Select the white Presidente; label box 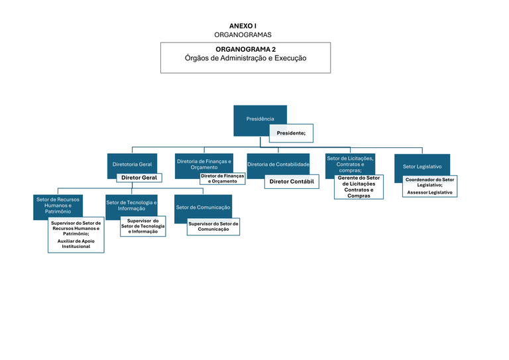point(291,133)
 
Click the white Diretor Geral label point(139,178)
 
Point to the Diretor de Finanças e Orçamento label point(222,178)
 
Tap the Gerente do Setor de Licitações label point(359,186)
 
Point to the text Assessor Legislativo point(429,192)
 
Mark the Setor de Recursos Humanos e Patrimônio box point(58,206)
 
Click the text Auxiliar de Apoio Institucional point(76,243)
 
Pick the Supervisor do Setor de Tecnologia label point(142,226)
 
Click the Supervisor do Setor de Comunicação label point(213,226)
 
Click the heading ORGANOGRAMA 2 point(246,50)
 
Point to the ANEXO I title point(243,25)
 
